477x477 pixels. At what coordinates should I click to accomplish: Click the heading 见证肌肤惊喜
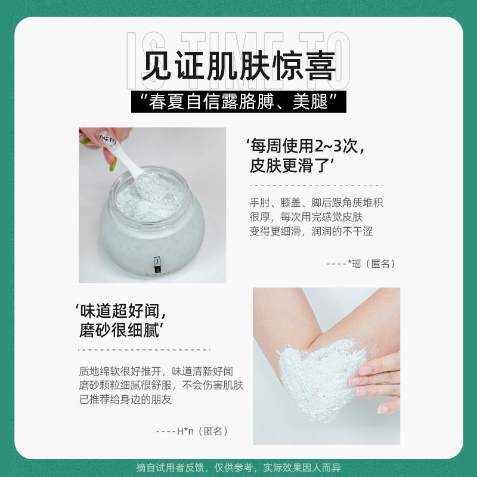point(238,66)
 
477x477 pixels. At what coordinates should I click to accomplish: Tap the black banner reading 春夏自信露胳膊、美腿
point(238,102)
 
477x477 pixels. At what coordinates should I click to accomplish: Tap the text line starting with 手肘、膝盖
point(316,203)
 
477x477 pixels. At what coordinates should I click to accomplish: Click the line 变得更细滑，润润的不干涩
point(311,231)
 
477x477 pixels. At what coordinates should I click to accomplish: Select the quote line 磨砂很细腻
point(123,330)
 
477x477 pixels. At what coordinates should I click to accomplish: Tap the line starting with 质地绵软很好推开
point(156,370)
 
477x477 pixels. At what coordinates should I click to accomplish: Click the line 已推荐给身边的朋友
point(125,399)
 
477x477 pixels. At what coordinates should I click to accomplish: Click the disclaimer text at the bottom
point(238,467)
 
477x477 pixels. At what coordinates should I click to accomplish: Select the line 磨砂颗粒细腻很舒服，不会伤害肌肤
point(161,385)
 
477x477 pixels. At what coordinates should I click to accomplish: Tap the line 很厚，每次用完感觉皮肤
point(310,217)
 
